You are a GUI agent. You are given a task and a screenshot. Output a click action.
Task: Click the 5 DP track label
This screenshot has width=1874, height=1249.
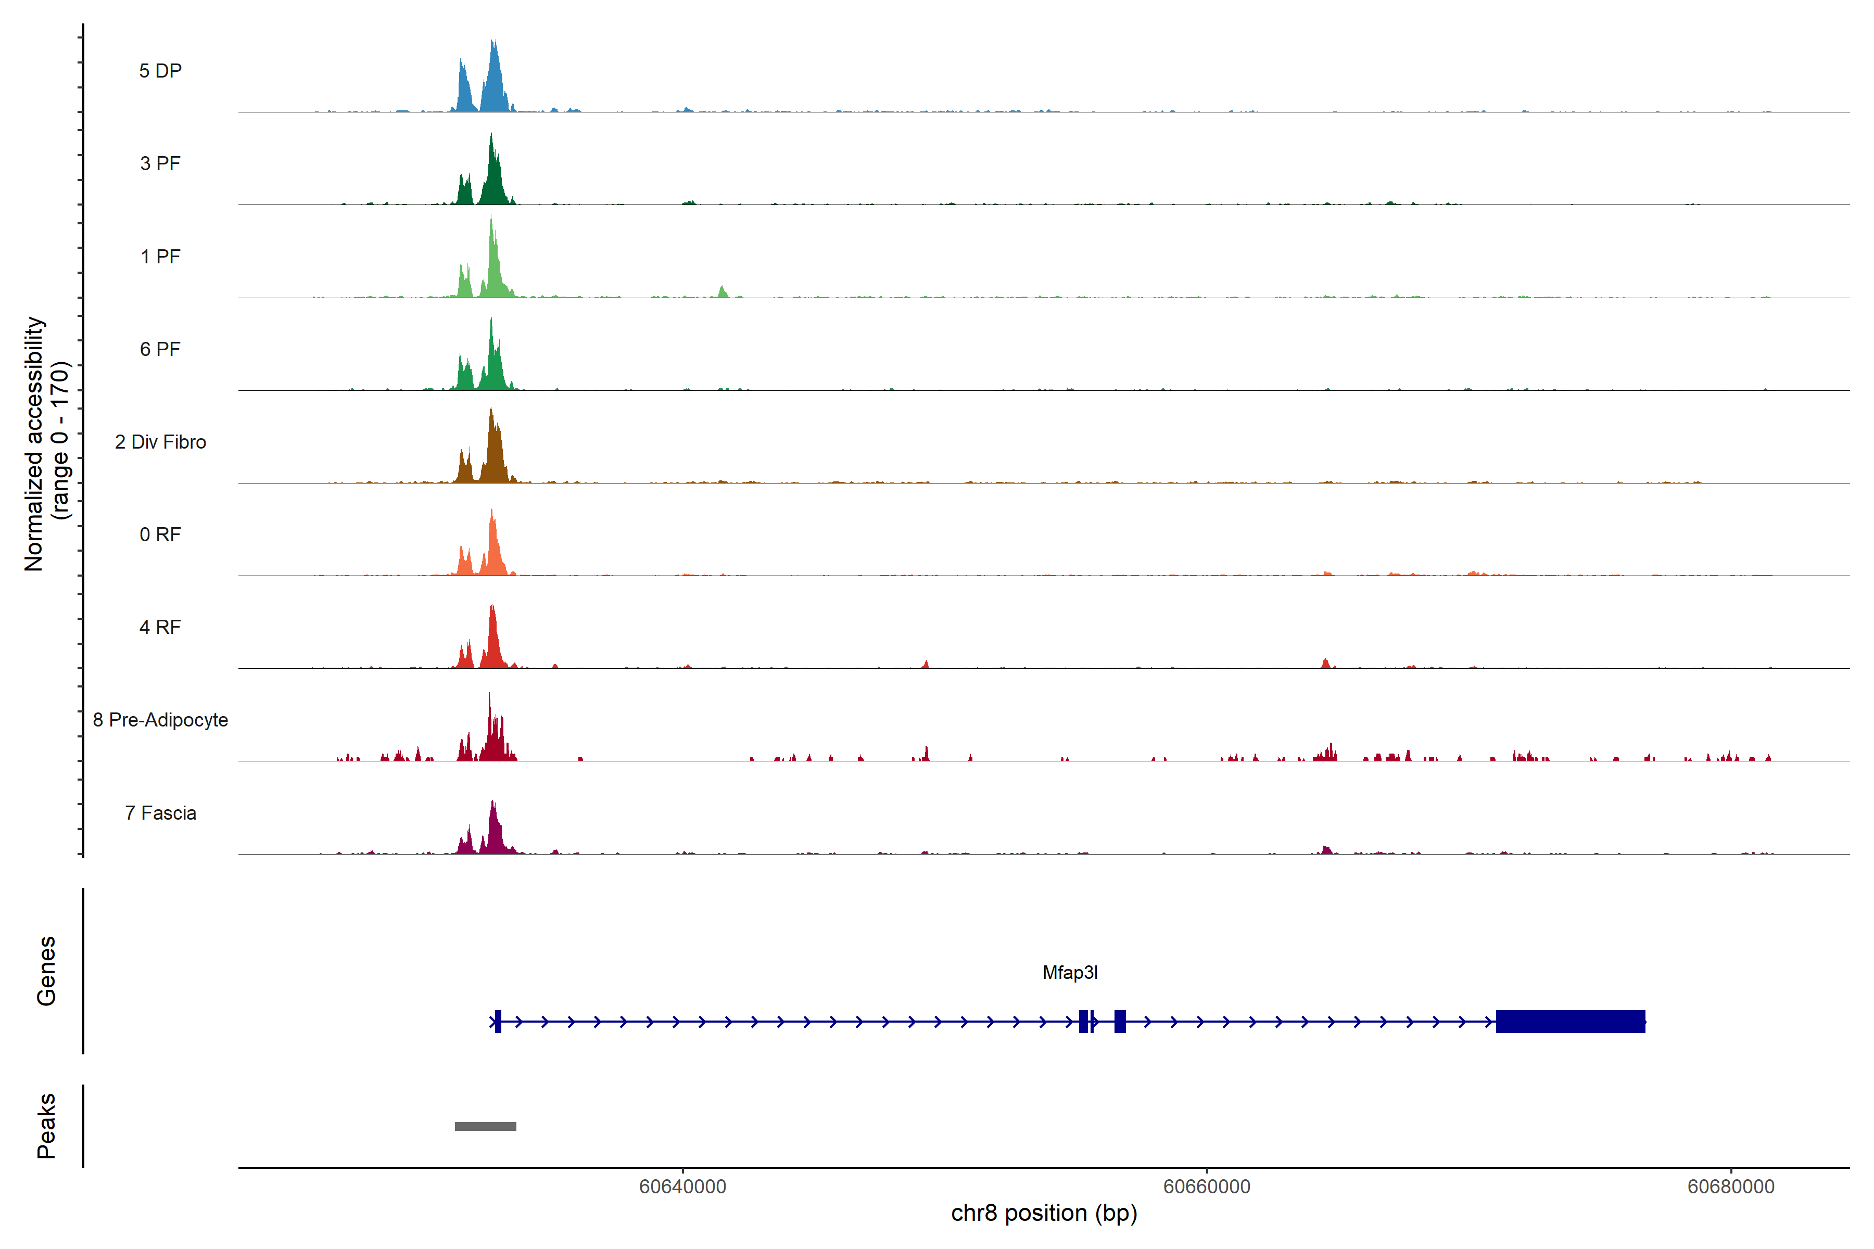coord(160,71)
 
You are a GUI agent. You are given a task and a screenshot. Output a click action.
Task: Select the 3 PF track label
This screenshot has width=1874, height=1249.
coord(160,163)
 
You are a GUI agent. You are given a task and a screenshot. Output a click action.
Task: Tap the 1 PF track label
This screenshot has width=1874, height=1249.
coord(160,257)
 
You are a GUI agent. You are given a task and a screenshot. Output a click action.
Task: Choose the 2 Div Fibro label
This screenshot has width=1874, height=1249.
coord(160,442)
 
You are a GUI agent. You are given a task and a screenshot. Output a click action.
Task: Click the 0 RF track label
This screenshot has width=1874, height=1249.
coord(160,534)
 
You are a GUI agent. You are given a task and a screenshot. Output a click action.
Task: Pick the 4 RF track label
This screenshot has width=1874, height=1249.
coord(160,627)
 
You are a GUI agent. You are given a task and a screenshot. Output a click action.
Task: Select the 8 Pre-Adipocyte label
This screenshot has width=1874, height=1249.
coord(160,720)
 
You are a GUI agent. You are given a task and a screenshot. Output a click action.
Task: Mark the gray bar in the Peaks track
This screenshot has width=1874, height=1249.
coord(485,1126)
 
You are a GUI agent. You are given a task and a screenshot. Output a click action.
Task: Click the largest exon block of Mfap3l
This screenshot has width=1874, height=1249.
coord(1569,1021)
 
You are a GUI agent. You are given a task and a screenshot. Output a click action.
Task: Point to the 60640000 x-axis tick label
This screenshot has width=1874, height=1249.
coord(683,1187)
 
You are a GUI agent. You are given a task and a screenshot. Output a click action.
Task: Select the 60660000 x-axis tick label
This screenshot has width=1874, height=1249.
coord(1206,1187)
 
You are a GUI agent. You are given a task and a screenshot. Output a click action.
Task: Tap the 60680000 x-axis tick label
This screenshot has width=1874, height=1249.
coord(1730,1187)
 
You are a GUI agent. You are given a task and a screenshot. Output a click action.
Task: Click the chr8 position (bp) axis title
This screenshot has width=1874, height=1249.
coord(1044,1213)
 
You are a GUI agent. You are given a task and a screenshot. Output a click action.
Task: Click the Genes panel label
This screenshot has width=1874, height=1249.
coord(46,971)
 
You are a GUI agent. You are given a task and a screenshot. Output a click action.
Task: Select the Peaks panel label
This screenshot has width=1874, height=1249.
coord(46,1126)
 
